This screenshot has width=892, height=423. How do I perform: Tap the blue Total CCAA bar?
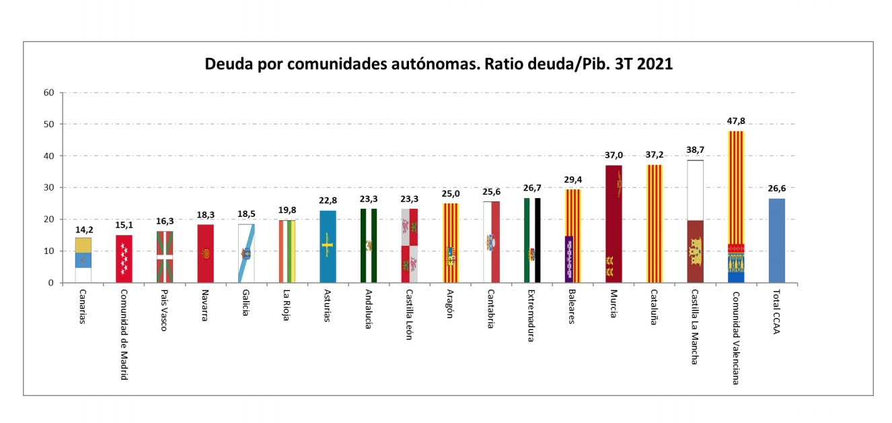coord(776,240)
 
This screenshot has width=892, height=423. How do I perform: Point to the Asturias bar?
coord(328,247)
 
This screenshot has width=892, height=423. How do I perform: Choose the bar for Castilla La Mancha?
coord(695,222)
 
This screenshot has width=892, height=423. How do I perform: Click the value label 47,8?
coord(736,121)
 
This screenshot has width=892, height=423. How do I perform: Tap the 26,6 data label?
coord(776,189)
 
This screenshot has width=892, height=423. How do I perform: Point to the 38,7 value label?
coord(695,150)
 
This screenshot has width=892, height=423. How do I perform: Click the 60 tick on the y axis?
coord(48,92)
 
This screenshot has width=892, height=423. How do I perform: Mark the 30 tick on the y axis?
coord(48,188)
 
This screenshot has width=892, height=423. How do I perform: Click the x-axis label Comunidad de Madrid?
coord(124,335)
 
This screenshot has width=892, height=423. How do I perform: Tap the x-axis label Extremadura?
coord(531,316)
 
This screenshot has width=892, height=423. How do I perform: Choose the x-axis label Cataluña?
coord(654,308)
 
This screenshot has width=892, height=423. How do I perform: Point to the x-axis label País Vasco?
coord(164,311)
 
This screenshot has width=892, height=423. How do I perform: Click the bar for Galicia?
coord(246,253)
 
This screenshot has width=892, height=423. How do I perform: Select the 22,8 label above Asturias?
coord(328,201)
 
